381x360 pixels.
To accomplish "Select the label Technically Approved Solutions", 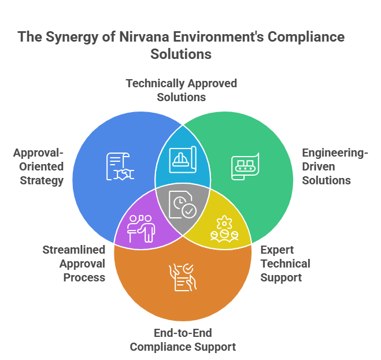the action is (182, 90).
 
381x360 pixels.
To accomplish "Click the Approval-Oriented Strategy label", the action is (39, 166).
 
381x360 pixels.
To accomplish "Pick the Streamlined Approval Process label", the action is (74, 263).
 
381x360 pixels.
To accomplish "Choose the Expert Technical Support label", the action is (285, 263).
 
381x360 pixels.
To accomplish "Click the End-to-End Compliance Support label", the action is (183, 340).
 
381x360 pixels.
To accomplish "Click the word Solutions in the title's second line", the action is (181, 54).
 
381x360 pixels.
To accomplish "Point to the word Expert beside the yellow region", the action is (277, 250).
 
